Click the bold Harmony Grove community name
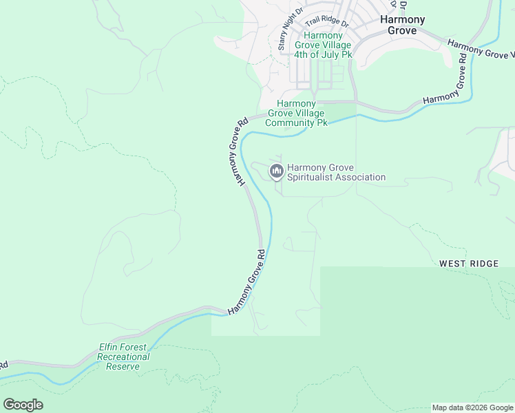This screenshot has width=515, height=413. coord(403,25)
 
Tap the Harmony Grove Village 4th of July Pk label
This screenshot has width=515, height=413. coord(323,45)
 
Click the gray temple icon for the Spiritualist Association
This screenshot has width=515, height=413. coord(277,171)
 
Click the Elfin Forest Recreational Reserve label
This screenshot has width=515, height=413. coord(123,357)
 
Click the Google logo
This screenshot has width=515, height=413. coord(23,405)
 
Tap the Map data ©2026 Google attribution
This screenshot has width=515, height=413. coord(472,407)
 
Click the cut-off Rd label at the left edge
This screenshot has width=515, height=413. coord(3,364)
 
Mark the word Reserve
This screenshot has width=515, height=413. coord(123,366)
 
